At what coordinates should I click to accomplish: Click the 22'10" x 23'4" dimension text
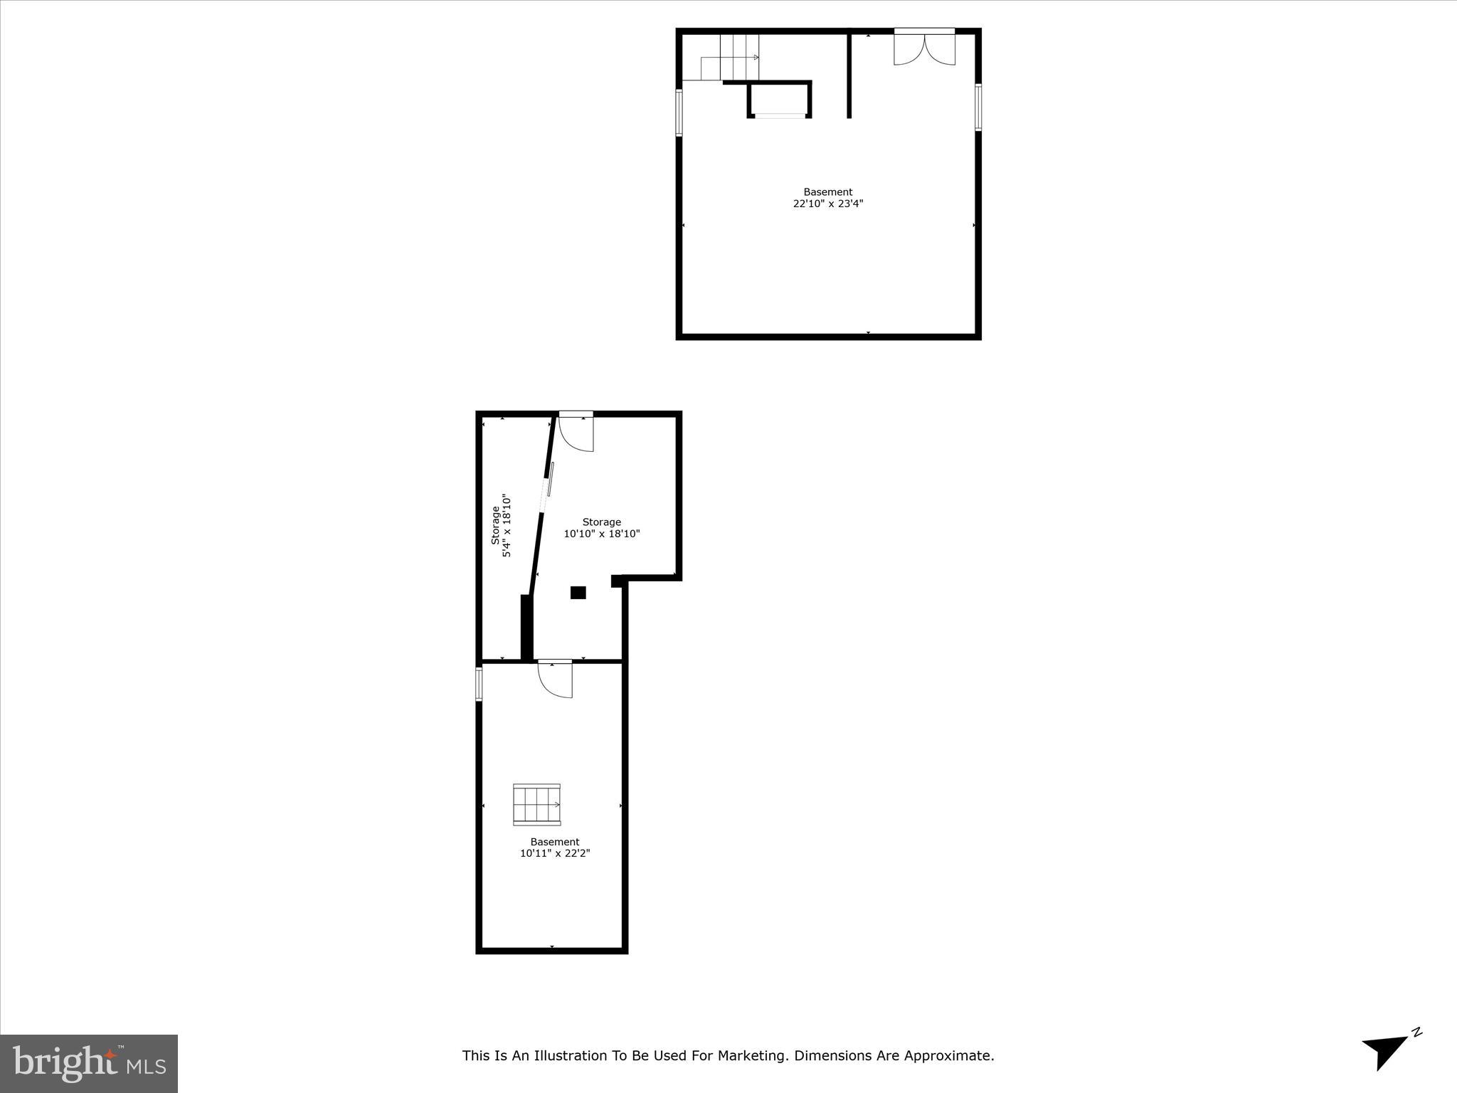pyautogui.click(x=828, y=204)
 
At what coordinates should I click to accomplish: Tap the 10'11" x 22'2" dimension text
pyautogui.click(x=555, y=853)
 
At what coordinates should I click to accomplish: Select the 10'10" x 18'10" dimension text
pyautogui.click(x=602, y=534)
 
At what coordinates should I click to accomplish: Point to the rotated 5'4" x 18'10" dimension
pyautogui.click(x=507, y=526)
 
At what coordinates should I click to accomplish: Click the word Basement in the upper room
pyautogui.click(x=828, y=192)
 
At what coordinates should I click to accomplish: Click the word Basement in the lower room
pyautogui.click(x=555, y=842)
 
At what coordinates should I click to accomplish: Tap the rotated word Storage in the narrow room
pyautogui.click(x=495, y=526)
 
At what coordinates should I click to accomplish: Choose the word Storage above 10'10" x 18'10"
pyautogui.click(x=602, y=522)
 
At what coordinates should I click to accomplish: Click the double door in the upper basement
pyautogui.click(x=924, y=48)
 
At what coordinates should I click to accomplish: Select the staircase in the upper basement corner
pyautogui.click(x=731, y=58)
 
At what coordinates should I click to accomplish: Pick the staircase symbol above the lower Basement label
pyautogui.click(x=536, y=804)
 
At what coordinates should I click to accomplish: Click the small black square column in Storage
pyautogui.click(x=578, y=592)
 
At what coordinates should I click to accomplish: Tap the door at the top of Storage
pyautogui.click(x=576, y=433)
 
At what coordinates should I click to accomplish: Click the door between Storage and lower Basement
pyautogui.click(x=556, y=679)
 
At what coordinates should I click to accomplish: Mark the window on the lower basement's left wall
pyautogui.click(x=479, y=683)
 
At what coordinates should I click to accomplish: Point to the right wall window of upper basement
pyautogui.click(x=978, y=107)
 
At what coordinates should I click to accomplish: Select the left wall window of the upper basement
pyautogui.click(x=679, y=112)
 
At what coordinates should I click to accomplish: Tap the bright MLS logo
pyautogui.click(x=89, y=1063)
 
